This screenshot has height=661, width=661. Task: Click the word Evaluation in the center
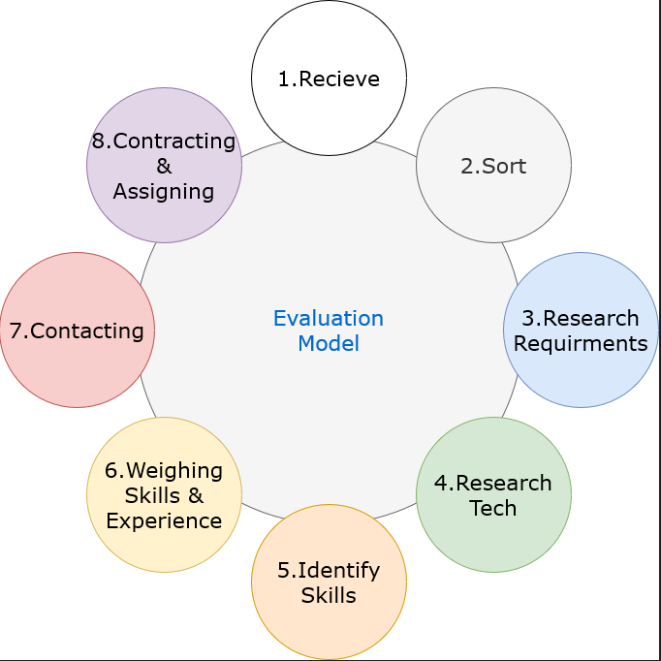point(329,319)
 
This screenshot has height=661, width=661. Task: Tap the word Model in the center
point(329,343)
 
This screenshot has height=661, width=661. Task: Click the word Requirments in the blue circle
point(581,343)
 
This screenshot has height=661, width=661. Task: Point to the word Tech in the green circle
point(493,508)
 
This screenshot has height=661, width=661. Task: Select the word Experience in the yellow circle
point(164,520)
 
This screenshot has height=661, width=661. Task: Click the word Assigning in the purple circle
point(164,191)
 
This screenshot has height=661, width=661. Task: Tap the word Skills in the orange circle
point(329,595)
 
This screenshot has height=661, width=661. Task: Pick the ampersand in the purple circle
point(164,167)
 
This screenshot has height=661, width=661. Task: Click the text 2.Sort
point(493,166)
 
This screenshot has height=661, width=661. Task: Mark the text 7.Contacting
point(77,330)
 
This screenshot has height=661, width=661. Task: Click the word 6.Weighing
point(164,470)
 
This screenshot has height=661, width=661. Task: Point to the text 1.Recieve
point(329,79)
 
